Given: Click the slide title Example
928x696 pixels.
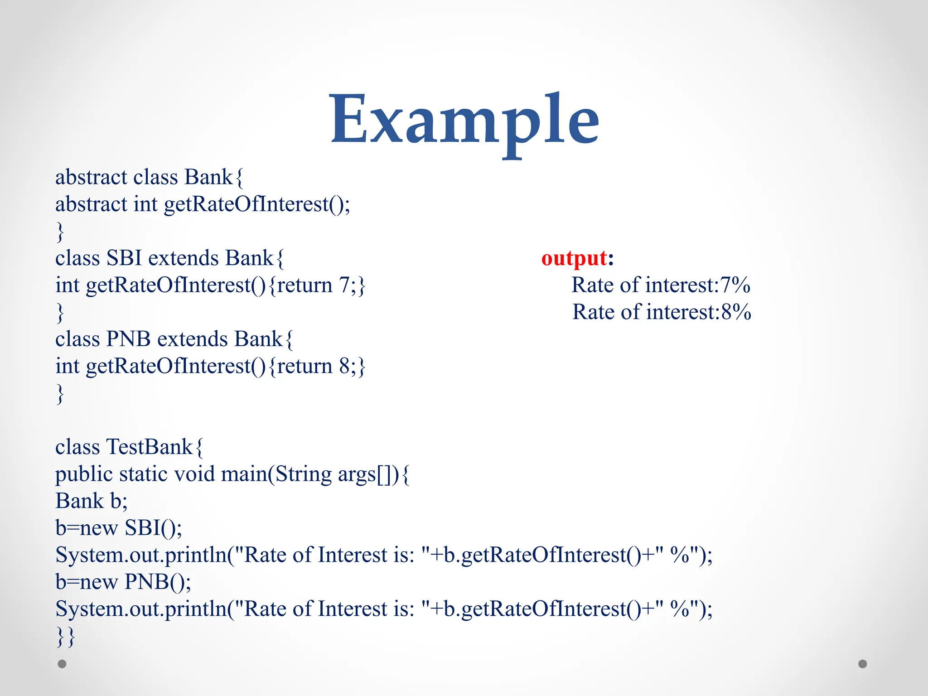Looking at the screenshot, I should [x=464, y=120].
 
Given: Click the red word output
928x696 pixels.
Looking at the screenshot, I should [x=574, y=258].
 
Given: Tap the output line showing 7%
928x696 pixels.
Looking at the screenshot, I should [x=661, y=285].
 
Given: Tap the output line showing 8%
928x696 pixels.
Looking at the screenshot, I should [x=662, y=312].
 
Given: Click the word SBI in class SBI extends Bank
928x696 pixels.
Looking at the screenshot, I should [x=124, y=258].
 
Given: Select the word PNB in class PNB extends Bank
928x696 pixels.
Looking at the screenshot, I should [x=128, y=339].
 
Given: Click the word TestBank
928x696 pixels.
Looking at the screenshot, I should [x=149, y=447].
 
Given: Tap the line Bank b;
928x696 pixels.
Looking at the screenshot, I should [x=92, y=501].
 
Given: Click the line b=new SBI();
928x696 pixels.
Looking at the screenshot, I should [x=119, y=528].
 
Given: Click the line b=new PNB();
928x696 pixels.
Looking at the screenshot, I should [x=123, y=582].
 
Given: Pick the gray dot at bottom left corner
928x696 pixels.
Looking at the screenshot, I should [x=62, y=664].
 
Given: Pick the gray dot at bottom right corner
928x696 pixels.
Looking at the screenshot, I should [x=863, y=664].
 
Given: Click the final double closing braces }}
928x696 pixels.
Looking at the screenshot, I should [x=65, y=637].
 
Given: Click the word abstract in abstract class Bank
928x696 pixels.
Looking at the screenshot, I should [x=91, y=177].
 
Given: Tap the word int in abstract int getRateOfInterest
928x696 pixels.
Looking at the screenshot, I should [x=145, y=204].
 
